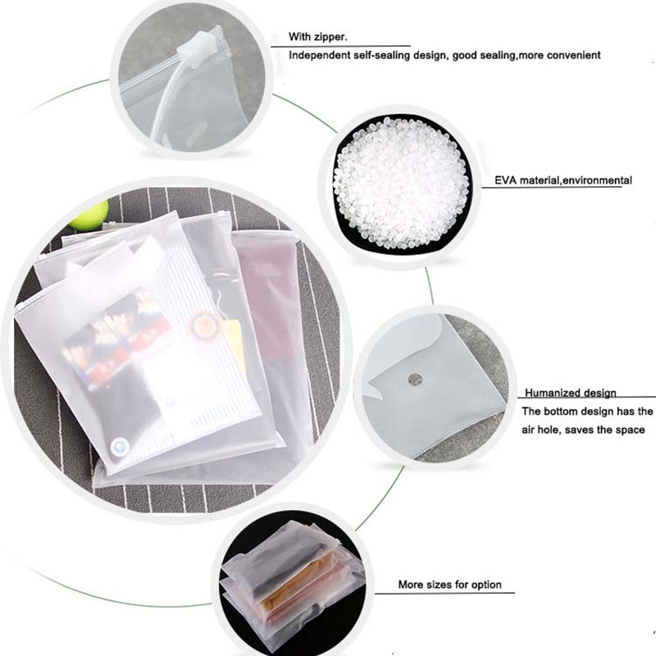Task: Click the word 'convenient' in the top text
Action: pos(573,56)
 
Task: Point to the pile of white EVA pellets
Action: pos(401,180)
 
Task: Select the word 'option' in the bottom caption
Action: pos(484,585)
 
